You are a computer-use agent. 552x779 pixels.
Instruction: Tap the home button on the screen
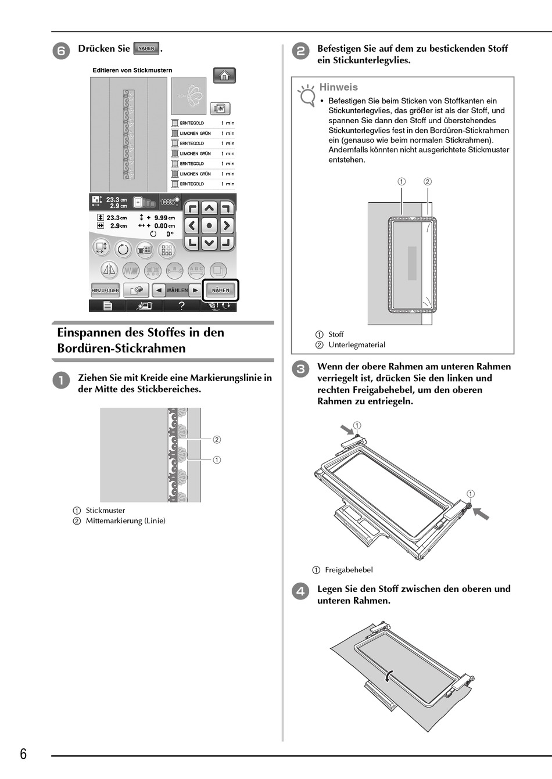[x=224, y=76]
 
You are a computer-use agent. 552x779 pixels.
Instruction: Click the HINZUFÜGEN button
[x=105, y=290]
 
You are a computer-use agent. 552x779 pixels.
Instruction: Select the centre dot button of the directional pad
[x=209, y=225]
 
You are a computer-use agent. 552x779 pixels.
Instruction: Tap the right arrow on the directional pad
[x=227, y=225]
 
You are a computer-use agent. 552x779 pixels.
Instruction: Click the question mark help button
[x=181, y=306]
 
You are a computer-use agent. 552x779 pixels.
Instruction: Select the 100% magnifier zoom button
[x=169, y=202]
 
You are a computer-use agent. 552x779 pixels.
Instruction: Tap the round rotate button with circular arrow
[x=123, y=250]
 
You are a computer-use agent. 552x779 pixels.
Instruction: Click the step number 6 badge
[x=61, y=51]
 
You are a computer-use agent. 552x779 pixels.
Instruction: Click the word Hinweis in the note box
[x=338, y=87]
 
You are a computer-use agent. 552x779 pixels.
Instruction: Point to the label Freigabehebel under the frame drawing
[x=349, y=570]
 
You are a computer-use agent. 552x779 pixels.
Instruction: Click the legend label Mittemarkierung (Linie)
[x=126, y=521]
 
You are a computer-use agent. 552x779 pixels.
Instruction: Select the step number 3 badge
[x=300, y=368]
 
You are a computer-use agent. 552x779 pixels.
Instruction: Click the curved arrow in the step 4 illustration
[x=389, y=675]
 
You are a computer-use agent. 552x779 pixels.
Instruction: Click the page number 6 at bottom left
[x=23, y=754]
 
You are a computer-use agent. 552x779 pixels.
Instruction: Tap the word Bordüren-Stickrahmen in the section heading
[x=121, y=349]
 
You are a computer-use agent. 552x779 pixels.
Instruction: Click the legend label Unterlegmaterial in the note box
[x=356, y=344]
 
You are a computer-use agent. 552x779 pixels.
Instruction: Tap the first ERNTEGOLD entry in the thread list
[x=192, y=123]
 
